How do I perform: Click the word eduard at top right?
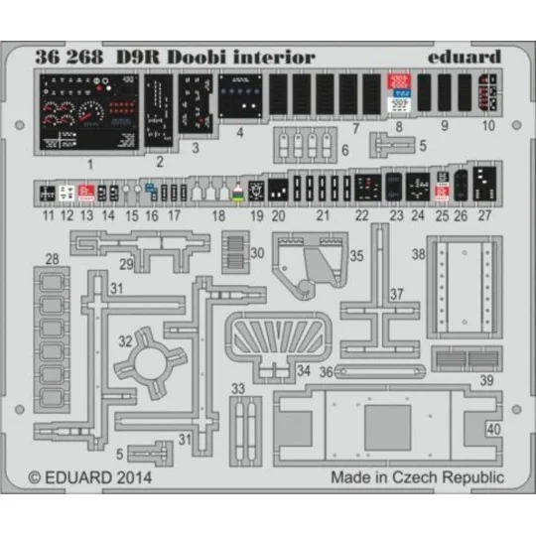[x=467, y=57]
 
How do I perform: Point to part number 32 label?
[x=125, y=340]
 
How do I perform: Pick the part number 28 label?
[x=52, y=259]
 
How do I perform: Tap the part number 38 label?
[x=419, y=255]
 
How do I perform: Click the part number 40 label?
[x=494, y=429]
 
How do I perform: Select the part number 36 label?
[x=325, y=373]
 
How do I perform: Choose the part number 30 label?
[x=257, y=252]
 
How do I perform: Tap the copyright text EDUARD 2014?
[x=89, y=476]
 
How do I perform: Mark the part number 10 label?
[x=487, y=126]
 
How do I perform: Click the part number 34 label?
[x=303, y=369]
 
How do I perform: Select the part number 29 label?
[x=127, y=263]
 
